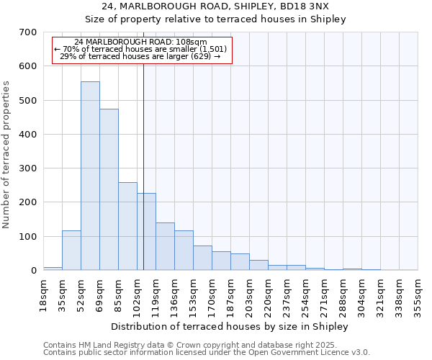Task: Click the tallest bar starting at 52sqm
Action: coord(90,176)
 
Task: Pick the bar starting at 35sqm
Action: coord(71,250)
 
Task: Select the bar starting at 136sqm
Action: coord(184,250)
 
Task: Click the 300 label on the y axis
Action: coord(27,168)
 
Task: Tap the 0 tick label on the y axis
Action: coord(33,271)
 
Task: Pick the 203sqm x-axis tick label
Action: coord(249,295)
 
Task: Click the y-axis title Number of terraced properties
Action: coord(7,155)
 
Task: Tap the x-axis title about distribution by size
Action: coord(230,327)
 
